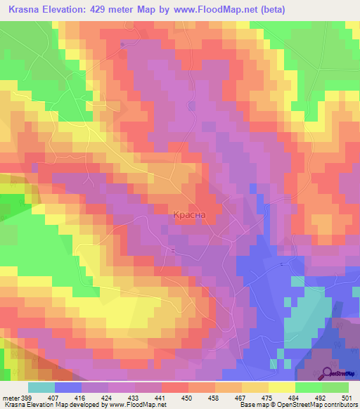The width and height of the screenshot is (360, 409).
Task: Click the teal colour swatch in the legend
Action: (x=41, y=387)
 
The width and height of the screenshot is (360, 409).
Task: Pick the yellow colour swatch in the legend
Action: (x=282, y=387)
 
